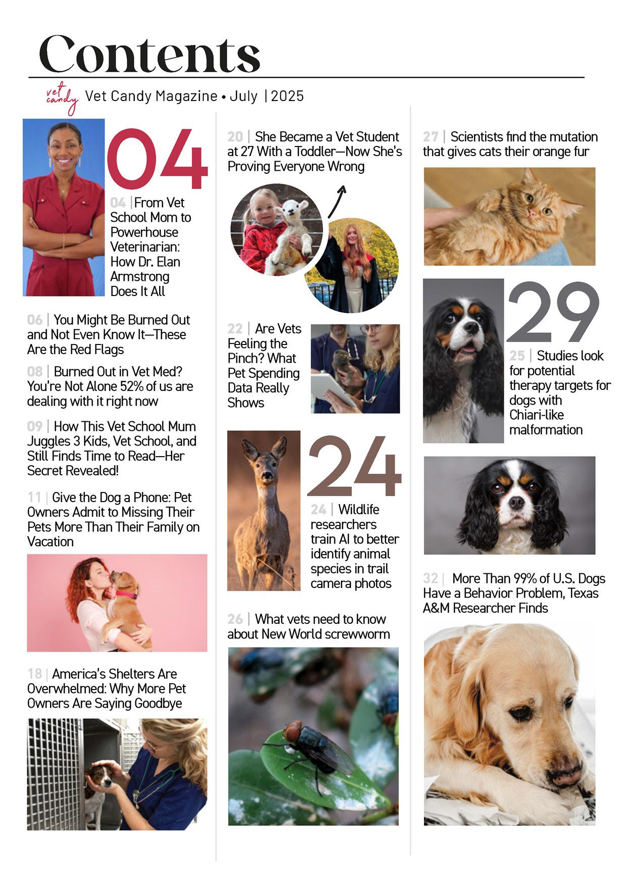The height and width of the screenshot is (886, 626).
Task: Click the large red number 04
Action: click(x=157, y=159)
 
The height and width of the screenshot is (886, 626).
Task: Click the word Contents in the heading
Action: click(x=149, y=54)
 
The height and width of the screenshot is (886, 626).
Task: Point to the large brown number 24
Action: click(x=354, y=468)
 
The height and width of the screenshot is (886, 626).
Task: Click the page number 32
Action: click(x=430, y=578)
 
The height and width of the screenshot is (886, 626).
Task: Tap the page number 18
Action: click(x=35, y=674)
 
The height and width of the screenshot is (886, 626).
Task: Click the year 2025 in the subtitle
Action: click(x=287, y=96)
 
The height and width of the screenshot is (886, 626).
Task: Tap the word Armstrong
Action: click(x=140, y=276)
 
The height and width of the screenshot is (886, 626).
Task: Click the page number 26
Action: click(x=235, y=619)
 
